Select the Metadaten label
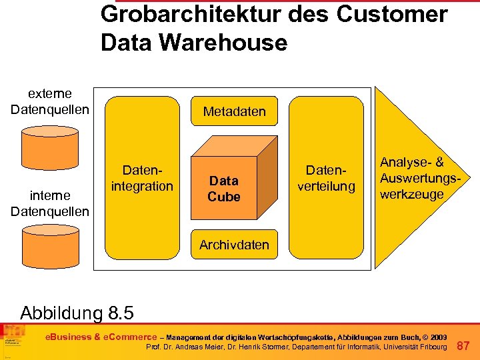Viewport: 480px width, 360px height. pos(235,112)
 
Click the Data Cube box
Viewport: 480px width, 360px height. pos(225,188)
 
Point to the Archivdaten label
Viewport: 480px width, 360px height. pos(235,245)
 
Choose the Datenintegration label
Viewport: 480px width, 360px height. pos(142,179)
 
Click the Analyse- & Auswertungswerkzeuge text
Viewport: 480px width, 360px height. pos(411,179)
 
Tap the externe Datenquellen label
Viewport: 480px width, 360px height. pos(50,101)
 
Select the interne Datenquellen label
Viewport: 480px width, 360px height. pos(50,204)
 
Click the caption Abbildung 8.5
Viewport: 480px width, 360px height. pos(77,312)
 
